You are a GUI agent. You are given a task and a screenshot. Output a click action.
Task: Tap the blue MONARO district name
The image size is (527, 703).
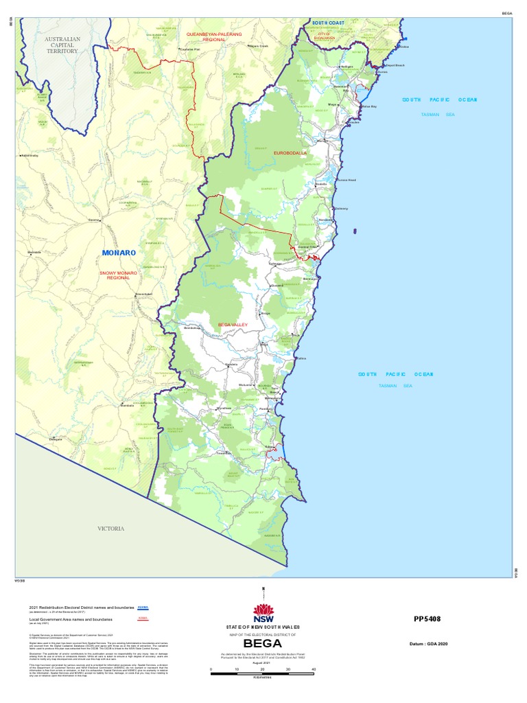(119, 253)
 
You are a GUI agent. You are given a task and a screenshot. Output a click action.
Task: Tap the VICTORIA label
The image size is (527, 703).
(110, 529)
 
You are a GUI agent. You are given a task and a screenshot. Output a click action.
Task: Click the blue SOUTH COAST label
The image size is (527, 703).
(329, 23)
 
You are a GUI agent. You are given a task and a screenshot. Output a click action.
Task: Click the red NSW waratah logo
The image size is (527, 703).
(263, 610)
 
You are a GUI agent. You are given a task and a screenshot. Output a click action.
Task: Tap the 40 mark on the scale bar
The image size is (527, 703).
(313, 669)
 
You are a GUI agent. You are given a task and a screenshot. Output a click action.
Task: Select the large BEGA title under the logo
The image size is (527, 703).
(263, 643)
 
